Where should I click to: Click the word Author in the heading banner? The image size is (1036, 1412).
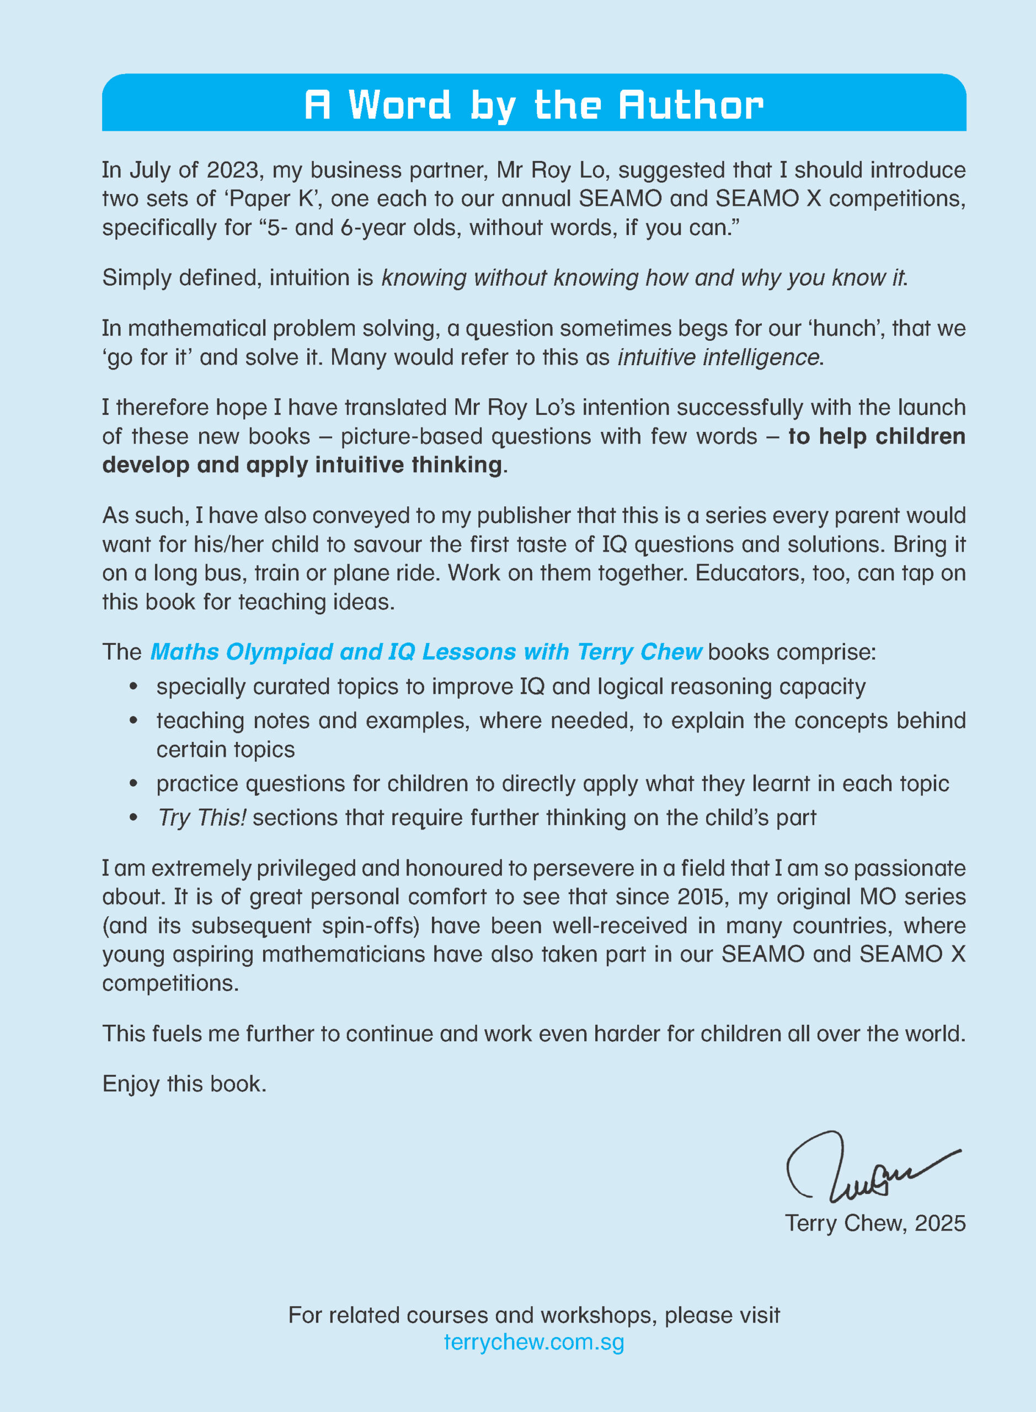(691, 105)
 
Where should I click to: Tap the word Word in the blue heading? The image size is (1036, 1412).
(399, 105)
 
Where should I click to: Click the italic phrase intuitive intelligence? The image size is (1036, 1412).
(719, 357)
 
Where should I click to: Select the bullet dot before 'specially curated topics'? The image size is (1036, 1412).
(133, 687)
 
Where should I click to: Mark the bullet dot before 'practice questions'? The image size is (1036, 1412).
(133, 784)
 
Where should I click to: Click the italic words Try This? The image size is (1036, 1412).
(202, 817)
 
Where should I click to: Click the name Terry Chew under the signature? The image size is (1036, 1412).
(845, 1223)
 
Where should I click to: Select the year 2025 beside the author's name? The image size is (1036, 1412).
(939, 1223)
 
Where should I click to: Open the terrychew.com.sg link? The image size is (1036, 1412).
(533, 1342)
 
